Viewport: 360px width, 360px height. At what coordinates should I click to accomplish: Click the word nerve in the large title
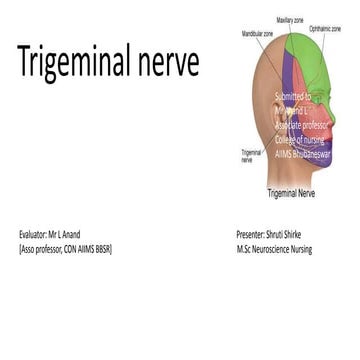tap(168, 64)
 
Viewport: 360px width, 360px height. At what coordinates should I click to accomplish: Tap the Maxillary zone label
tap(290, 19)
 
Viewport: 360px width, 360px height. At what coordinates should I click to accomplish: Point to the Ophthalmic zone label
tap(326, 29)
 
